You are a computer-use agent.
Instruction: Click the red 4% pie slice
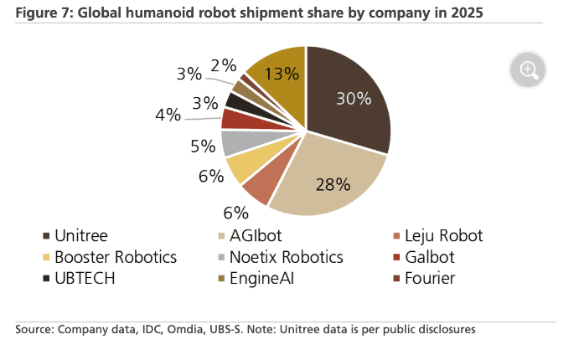(x=235, y=117)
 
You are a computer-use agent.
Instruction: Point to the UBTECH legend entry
(x=83, y=278)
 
